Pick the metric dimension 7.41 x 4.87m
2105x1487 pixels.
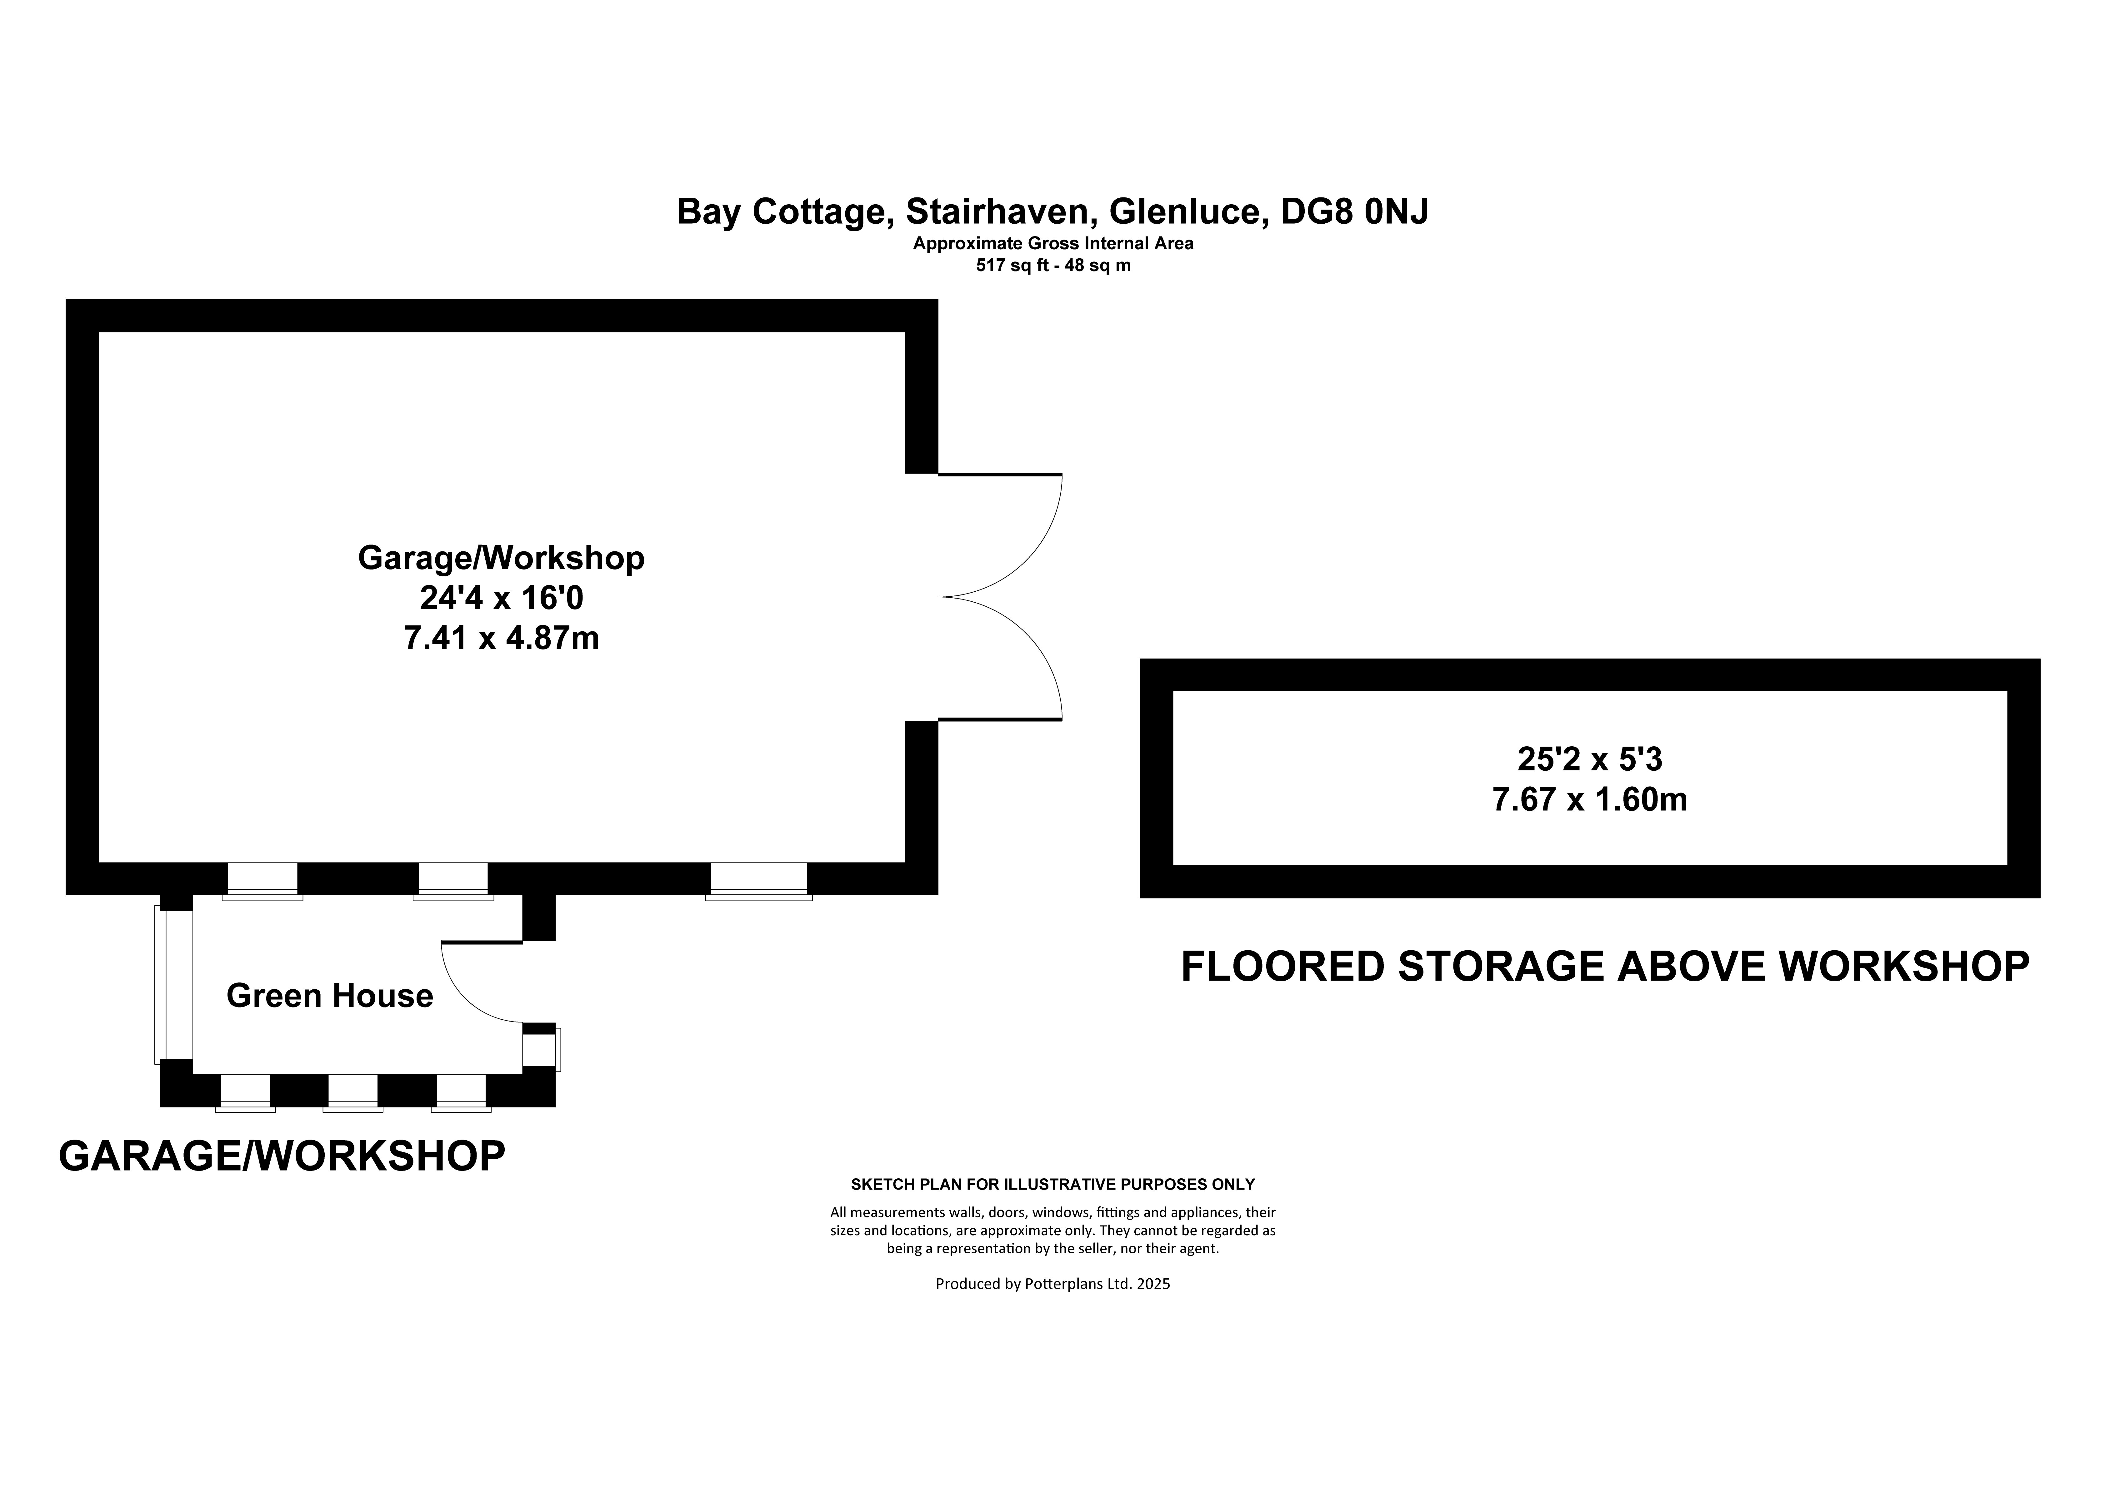pyautogui.click(x=502, y=638)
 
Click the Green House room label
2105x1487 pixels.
pyautogui.click(x=329, y=996)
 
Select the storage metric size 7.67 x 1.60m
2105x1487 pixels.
pyautogui.click(x=1590, y=800)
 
